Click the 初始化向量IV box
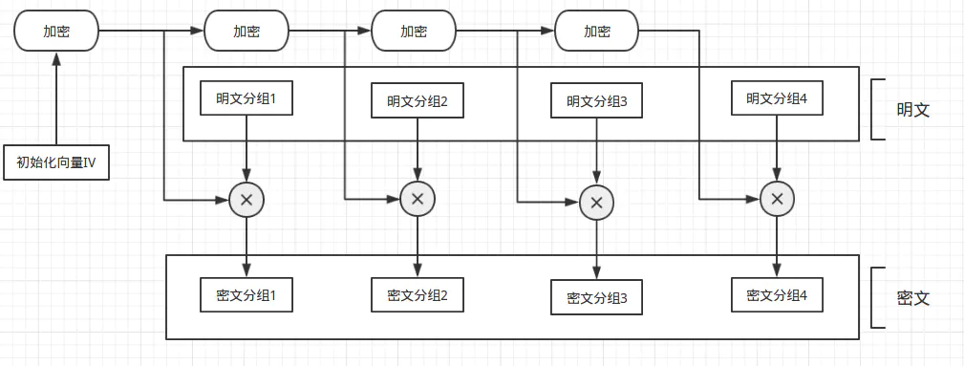click(56, 162)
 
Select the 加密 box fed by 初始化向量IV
click(56, 31)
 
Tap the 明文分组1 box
click(246, 97)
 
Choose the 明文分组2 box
click(418, 100)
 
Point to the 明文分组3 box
click(596, 100)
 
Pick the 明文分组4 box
click(777, 97)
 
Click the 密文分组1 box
click(246, 294)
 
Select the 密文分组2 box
click(418, 294)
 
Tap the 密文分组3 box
click(596, 297)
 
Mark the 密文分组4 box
click(777, 294)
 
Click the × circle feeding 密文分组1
click(246, 200)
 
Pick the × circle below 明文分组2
click(418, 200)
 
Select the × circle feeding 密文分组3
click(596, 203)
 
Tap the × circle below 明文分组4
click(777, 200)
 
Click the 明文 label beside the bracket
click(913, 110)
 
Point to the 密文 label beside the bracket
click(913, 298)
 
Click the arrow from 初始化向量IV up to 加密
click(56, 98)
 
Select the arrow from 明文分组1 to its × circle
click(246, 148)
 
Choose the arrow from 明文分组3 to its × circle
click(596, 151)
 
